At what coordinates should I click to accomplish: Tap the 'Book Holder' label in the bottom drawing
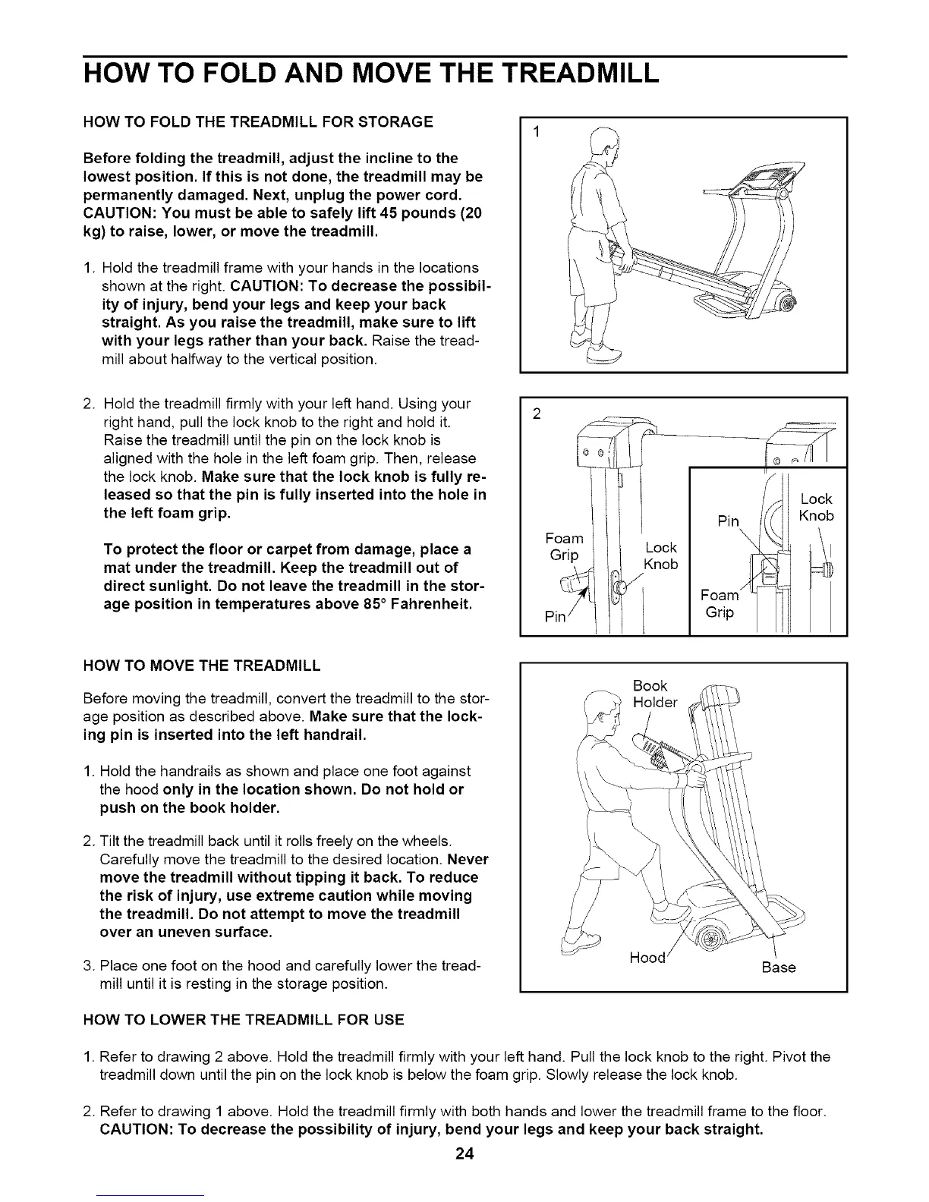[x=654, y=694]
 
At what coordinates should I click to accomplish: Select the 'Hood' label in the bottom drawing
[x=648, y=958]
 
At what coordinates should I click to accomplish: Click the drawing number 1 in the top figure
[x=536, y=134]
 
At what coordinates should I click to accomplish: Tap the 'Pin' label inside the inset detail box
[x=728, y=521]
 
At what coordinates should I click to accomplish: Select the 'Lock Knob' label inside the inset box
[x=817, y=507]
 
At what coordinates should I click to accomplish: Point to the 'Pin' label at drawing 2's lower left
[x=556, y=617]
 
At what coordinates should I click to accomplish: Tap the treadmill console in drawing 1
[x=767, y=182]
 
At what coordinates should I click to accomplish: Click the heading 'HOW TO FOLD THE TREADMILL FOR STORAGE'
[x=258, y=122]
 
